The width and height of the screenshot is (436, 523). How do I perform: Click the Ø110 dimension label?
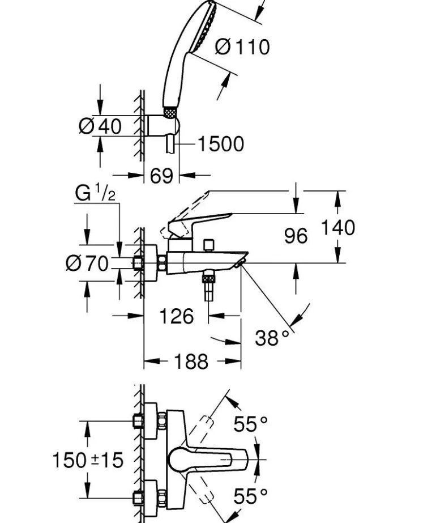point(242,47)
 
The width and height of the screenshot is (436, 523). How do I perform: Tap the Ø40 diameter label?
point(100,126)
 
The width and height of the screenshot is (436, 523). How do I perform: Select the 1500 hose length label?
point(220,144)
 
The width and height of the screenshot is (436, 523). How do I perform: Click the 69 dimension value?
point(161,176)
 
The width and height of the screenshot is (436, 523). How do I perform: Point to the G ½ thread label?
point(95,194)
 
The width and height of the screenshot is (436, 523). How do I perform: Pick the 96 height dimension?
point(296,236)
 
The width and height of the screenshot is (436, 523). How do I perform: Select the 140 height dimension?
point(338,228)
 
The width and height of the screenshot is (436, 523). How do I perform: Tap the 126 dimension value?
point(176,316)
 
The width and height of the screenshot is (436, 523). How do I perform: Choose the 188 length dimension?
point(191,361)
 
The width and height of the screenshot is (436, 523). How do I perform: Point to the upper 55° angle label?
point(250,424)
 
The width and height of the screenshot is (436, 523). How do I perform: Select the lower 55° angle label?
point(250,496)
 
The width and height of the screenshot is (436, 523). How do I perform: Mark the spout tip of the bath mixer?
point(242,260)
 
